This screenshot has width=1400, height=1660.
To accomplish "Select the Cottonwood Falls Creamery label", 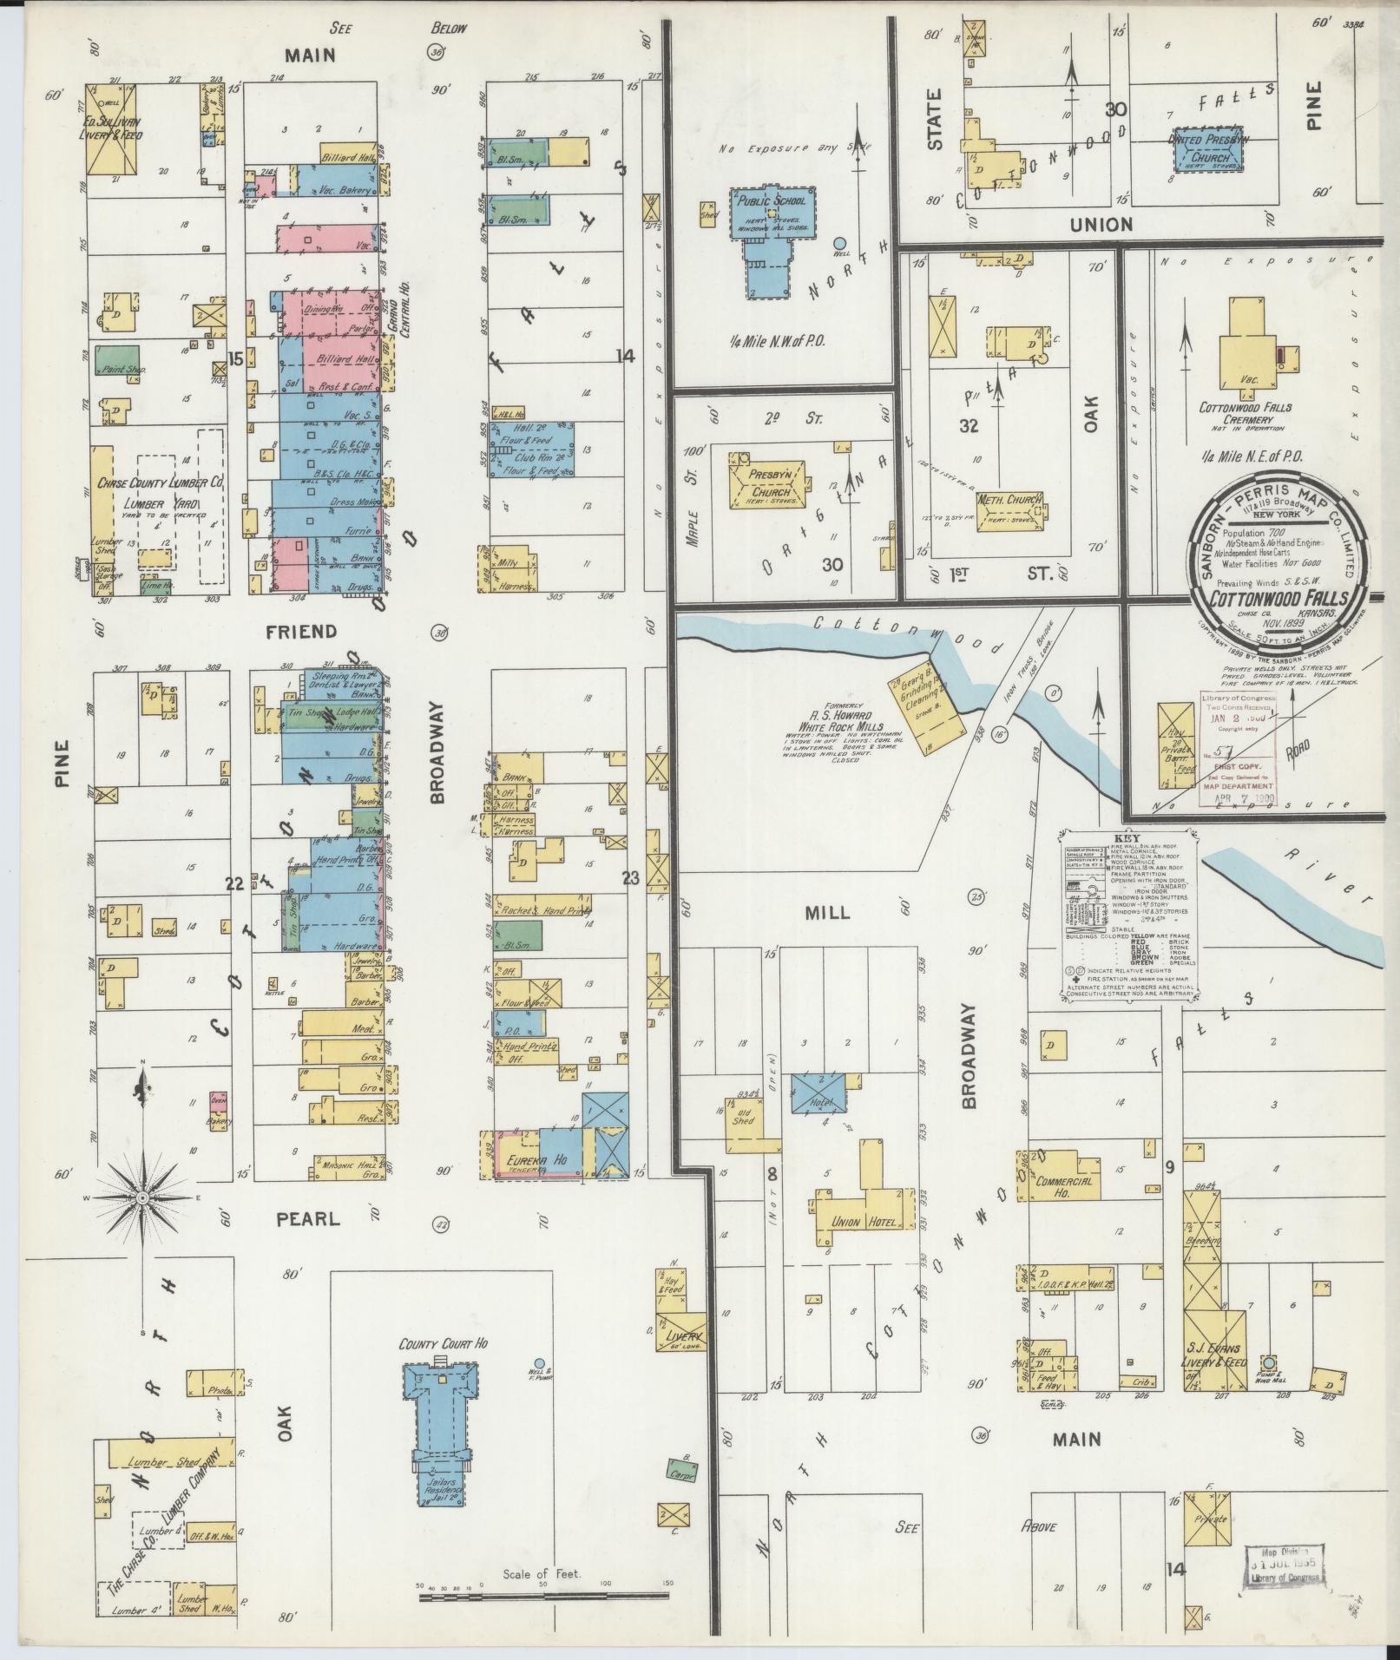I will click(1245, 413).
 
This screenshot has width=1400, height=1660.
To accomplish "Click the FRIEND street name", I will click(310, 632).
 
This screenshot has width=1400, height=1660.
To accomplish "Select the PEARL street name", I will click(307, 1218).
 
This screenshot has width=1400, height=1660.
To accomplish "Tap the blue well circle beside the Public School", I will click(839, 244).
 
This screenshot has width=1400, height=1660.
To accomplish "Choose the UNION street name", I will click(1101, 225).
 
